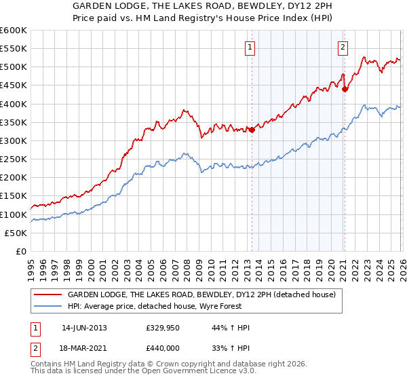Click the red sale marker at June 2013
252,130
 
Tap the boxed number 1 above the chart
250,47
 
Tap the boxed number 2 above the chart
343,47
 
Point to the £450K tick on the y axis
14,85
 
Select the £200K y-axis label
14,178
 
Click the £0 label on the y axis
20,252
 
